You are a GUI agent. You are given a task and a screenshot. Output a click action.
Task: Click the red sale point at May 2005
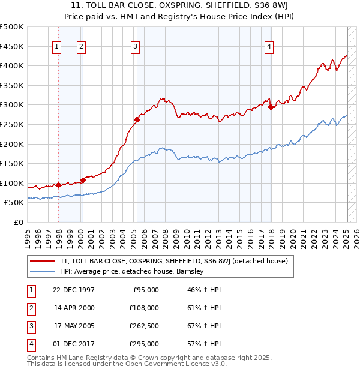pos(137,119)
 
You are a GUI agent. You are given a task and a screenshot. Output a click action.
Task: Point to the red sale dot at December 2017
pos(271,107)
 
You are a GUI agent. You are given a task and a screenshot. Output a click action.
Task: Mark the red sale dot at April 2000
pos(83,179)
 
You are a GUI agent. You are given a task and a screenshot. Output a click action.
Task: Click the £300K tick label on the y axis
pos(12,105)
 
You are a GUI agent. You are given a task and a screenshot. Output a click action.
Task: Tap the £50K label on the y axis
pos(14,203)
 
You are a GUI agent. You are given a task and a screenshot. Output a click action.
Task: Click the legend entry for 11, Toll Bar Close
pos(174,261)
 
